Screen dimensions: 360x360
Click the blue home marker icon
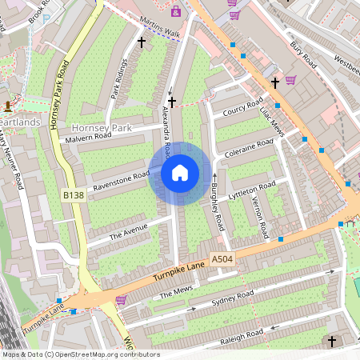pyautogui.click(x=180, y=172)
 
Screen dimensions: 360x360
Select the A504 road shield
pyautogui.click(x=222, y=259)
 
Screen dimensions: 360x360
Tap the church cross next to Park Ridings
pyautogui.click(x=142, y=42)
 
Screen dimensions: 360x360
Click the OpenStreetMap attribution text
pyautogui.click(x=80, y=354)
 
